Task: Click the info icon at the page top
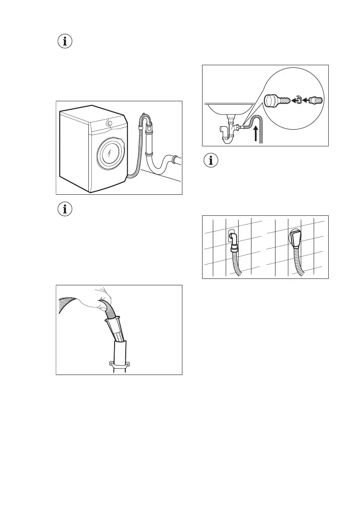[65, 42]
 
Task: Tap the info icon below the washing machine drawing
[65, 210]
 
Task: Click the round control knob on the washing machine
[110, 124]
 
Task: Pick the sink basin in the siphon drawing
[227, 108]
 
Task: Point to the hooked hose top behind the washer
[145, 121]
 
